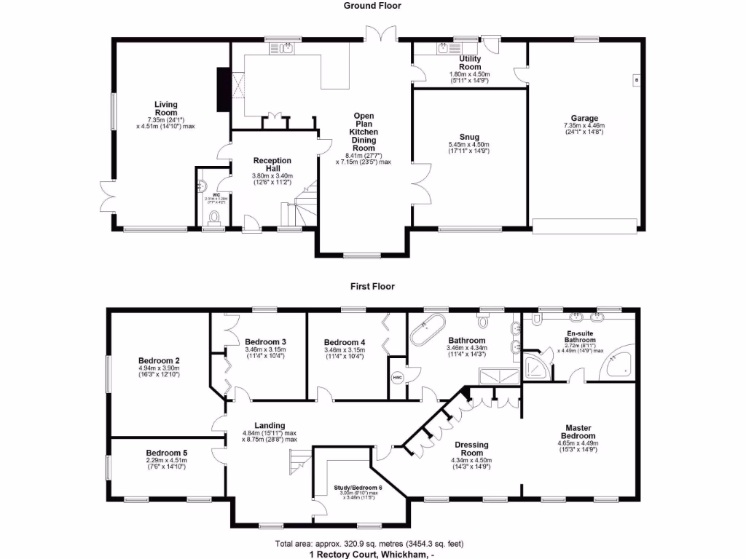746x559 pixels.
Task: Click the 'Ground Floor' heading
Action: point(372,6)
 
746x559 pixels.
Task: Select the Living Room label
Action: point(166,108)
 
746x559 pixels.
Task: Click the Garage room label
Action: point(584,118)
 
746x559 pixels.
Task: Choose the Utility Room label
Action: point(470,62)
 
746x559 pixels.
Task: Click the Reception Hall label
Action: point(272,164)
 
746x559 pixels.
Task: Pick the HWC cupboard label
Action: point(398,377)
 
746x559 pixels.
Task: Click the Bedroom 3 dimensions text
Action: point(264,354)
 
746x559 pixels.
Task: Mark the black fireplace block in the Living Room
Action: point(222,90)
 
